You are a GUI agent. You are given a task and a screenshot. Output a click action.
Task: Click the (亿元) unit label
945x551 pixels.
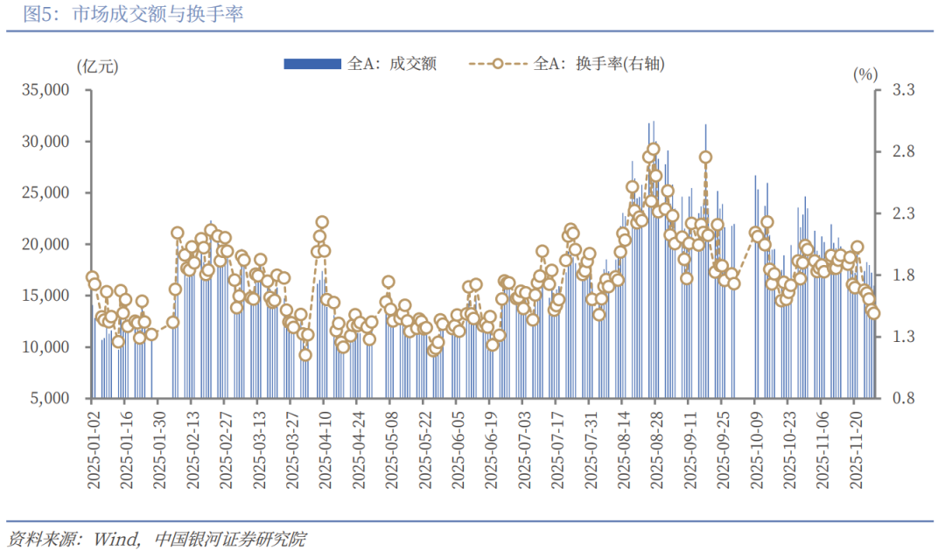pyautogui.click(x=97, y=66)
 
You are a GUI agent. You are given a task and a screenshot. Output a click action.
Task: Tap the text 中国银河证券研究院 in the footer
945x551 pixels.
pyautogui.click(x=229, y=536)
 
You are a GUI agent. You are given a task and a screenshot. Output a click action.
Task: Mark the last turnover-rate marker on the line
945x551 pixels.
pyautogui.click(x=873, y=314)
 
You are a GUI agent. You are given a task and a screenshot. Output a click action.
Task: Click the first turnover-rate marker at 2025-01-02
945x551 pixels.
pyautogui.click(x=92, y=277)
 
